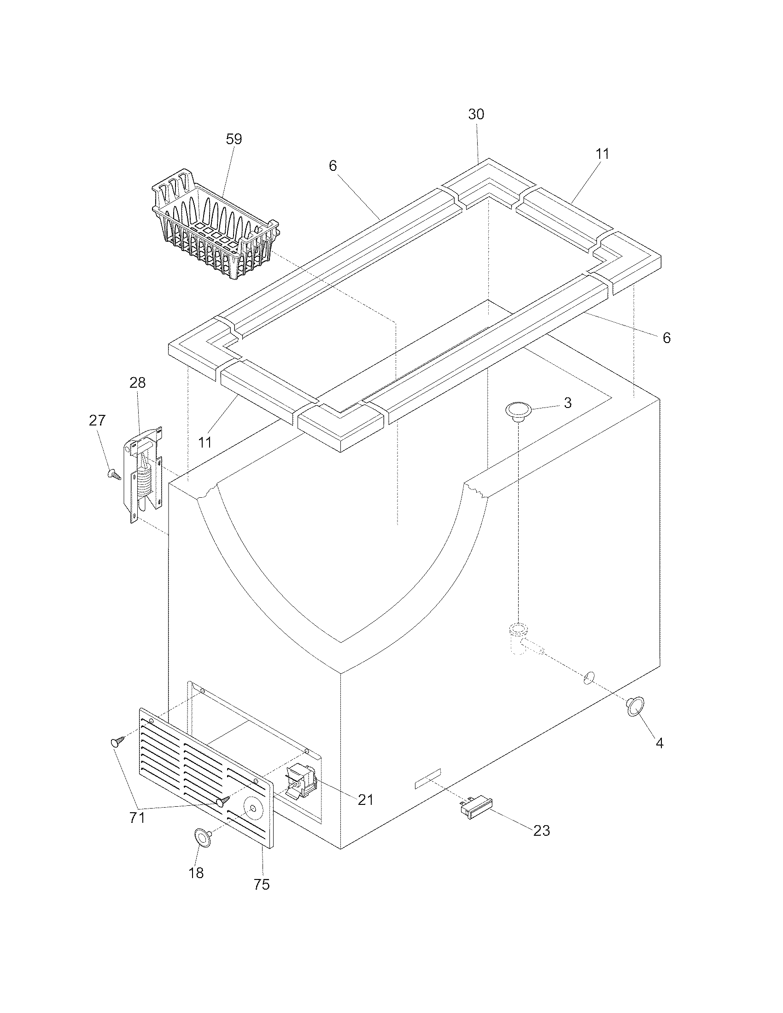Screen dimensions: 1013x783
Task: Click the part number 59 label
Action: click(234, 139)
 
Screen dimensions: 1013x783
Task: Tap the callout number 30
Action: click(476, 115)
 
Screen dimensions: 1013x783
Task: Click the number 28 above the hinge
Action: click(138, 383)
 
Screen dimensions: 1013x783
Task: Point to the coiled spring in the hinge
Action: click(145, 483)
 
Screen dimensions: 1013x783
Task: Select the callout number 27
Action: click(97, 420)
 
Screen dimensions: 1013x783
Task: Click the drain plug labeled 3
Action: click(518, 411)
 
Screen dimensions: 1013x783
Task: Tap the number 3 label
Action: click(568, 402)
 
